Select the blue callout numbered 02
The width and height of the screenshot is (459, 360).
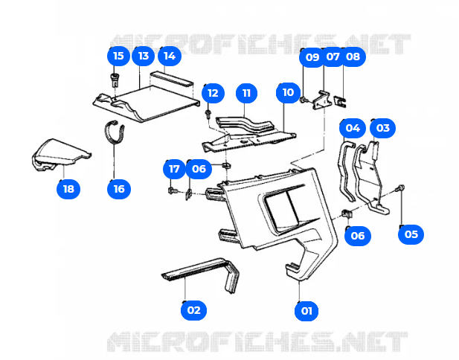click(x=193, y=309)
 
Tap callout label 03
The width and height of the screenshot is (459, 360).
click(x=382, y=128)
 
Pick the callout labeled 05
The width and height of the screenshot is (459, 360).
click(x=411, y=234)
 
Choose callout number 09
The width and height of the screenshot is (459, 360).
click(x=312, y=57)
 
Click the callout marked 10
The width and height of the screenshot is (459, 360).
click(x=287, y=93)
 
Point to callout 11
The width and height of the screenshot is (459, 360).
click(x=246, y=93)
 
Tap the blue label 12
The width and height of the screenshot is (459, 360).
click(x=213, y=93)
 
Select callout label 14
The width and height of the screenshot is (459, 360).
click(x=169, y=56)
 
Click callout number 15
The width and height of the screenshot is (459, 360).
click(x=118, y=56)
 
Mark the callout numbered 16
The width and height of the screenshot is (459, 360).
click(x=119, y=188)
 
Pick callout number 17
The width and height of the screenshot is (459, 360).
click(x=174, y=169)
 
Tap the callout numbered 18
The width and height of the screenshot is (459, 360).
click(x=68, y=188)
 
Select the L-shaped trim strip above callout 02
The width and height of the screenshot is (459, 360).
click(x=201, y=271)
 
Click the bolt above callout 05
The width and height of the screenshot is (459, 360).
click(x=402, y=189)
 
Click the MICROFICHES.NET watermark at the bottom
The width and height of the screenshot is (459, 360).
click(x=257, y=344)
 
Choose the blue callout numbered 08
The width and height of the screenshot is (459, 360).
click(x=352, y=57)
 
